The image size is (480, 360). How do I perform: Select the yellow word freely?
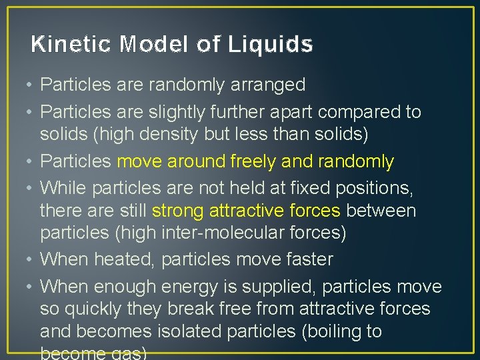[x=253, y=162]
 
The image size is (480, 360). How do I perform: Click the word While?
[x=64, y=189]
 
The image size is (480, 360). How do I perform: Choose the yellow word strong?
[x=178, y=211]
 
